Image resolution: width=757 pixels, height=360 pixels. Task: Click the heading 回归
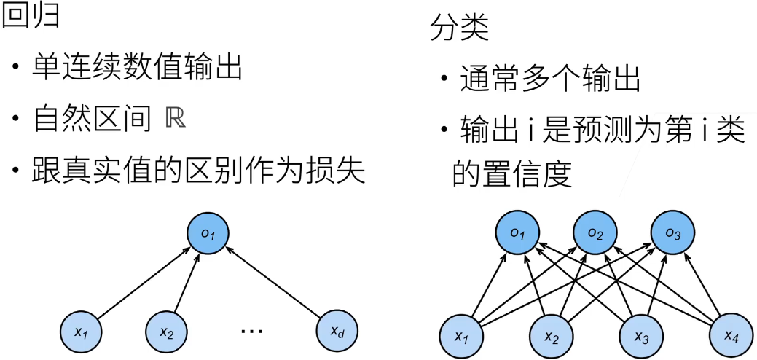click(30, 16)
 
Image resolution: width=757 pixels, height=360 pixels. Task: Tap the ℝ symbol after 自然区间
click(176, 120)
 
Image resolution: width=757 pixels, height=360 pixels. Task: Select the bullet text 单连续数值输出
click(136, 69)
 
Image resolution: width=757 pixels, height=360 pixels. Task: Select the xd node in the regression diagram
click(337, 332)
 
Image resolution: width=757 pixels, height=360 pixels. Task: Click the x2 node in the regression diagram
click(166, 332)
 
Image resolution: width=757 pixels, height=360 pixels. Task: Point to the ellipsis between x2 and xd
click(251, 332)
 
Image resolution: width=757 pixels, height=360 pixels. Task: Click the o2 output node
click(595, 233)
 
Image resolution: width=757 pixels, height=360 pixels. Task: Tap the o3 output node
click(671, 233)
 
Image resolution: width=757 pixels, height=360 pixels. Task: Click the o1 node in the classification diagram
click(517, 233)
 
